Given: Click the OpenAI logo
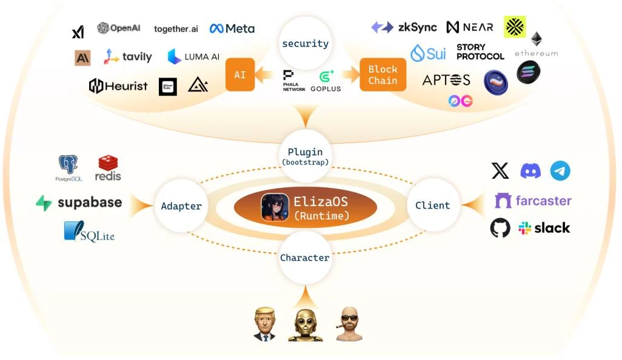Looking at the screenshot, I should click(119, 28).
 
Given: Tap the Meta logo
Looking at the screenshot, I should click(232, 28).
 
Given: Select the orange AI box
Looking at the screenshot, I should click(240, 75).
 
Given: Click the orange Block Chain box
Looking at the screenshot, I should click(383, 75).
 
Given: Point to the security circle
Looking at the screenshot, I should click(305, 44).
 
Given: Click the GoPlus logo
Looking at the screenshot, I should click(326, 81).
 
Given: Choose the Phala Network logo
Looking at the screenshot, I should click(293, 81).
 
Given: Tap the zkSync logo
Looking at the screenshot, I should click(404, 27).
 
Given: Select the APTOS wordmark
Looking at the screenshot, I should click(446, 80).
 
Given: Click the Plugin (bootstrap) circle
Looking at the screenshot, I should click(305, 156).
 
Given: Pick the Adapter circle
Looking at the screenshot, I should click(181, 206).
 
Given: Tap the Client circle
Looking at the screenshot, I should click(432, 205).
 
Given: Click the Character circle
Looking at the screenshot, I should click(305, 258).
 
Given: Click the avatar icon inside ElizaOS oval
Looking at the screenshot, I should click(275, 207).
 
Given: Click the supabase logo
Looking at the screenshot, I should click(79, 203).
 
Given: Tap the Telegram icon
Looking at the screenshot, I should click(560, 171).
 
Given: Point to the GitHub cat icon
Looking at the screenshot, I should click(500, 228).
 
